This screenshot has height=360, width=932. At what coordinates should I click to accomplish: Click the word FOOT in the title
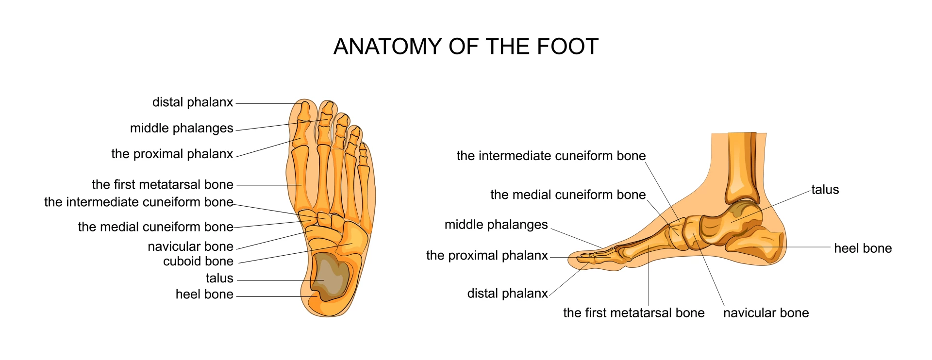[567, 47]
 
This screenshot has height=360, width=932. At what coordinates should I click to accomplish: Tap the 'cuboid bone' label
[198, 262]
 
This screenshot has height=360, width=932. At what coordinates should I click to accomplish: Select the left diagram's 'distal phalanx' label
[193, 102]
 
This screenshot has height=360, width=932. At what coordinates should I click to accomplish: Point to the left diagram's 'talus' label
[219, 278]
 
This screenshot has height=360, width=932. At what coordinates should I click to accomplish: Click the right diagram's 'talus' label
[825, 190]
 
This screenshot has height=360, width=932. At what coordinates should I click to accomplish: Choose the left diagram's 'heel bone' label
[204, 295]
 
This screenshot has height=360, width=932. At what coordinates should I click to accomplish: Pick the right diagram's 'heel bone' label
[863, 248]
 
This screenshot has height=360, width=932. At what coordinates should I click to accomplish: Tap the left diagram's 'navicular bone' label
[190, 246]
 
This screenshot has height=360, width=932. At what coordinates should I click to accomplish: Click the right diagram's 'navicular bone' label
[766, 313]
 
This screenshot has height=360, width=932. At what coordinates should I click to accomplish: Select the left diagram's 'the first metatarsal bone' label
[163, 184]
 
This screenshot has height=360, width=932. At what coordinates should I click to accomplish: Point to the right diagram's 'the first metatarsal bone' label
[634, 313]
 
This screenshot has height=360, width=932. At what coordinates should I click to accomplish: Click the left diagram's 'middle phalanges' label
[182, 129]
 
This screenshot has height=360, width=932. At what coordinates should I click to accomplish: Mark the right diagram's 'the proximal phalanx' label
[487, 256]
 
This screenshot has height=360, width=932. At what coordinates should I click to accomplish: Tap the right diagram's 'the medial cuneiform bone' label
[568, 195]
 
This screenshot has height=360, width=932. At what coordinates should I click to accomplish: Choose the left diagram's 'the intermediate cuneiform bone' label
[139, 202]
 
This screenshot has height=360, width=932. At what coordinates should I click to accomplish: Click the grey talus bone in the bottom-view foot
[331, 275]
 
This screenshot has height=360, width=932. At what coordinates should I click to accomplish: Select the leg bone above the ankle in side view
[743, 167]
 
